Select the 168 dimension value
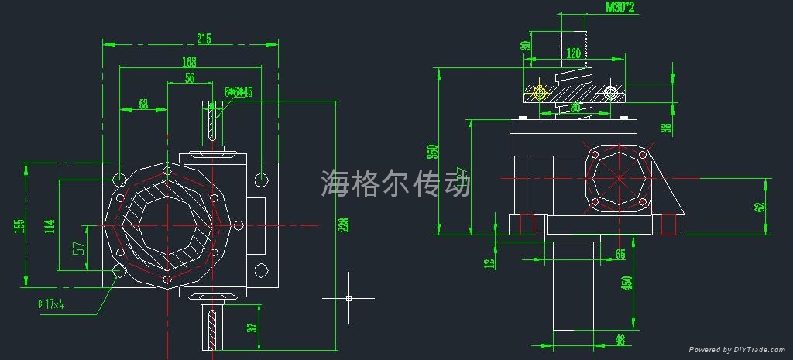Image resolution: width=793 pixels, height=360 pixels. pos(189,62)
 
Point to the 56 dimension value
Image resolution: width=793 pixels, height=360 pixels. pos(189,78)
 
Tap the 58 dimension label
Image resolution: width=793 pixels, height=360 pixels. pos(143,103)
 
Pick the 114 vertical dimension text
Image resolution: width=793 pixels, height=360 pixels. pos(50,225)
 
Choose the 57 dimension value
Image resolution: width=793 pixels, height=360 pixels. pos(78,249)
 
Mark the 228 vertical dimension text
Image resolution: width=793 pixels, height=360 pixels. pos(345,225)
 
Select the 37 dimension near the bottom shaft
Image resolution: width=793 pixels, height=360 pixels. pos(251,328)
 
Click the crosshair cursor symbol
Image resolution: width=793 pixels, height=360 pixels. pos(348,298)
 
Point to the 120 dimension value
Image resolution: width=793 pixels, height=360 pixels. pos(572,54)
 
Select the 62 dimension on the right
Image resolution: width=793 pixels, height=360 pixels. pos(760,207)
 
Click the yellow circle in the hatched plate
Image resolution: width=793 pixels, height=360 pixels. pos(539,93)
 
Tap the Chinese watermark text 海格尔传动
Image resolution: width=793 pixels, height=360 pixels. pos(395,183)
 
